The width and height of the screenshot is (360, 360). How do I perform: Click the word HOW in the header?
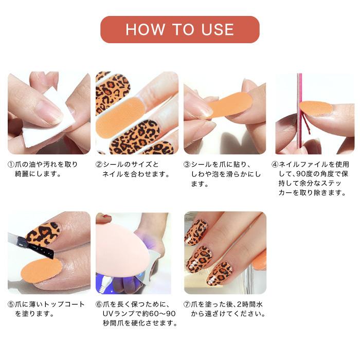[x=145, y=30]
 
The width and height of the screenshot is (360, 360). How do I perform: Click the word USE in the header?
[x=218, y=30]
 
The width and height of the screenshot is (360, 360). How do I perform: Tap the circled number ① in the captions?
[x=11, y=165]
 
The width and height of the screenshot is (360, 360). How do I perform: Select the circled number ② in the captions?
[x=99, y=165]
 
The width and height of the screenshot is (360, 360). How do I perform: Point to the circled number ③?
[x=187, y=165]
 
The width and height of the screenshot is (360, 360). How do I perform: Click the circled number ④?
[x=275, y=165]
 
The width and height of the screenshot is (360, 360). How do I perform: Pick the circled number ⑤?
[x=11, y=304]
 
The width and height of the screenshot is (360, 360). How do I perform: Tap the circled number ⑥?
[x=99, y=304]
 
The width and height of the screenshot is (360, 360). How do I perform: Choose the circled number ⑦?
[x=187, y=304]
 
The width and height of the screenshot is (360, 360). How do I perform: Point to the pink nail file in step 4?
[x=299, y=113]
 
